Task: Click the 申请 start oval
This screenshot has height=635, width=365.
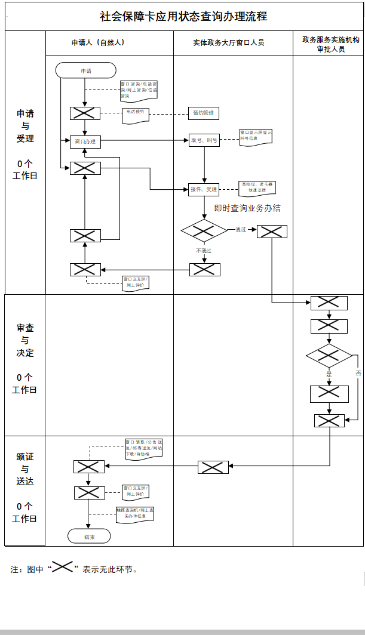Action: [85, 70]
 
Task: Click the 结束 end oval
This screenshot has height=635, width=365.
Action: [89, 536]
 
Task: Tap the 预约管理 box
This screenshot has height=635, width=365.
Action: [204, 113]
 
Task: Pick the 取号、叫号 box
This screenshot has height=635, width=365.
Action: [204, 140]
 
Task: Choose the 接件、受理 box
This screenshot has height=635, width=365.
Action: [204, 189]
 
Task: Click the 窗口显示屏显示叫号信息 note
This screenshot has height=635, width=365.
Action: [256, 136]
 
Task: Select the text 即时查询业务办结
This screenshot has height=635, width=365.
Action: [247, 208]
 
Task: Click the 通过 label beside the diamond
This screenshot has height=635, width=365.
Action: [241, 229]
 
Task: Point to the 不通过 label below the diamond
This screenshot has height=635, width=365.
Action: [204, 251]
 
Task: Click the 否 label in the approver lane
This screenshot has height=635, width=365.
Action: [358, 373]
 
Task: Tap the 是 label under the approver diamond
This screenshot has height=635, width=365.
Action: [329, 374]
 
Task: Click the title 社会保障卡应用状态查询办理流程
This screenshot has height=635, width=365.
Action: [183, 16]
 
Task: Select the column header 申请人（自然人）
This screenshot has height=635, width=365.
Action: [98, 43]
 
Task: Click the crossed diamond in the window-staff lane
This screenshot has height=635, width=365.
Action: [204, 230]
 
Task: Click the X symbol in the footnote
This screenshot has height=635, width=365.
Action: [62, 568]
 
